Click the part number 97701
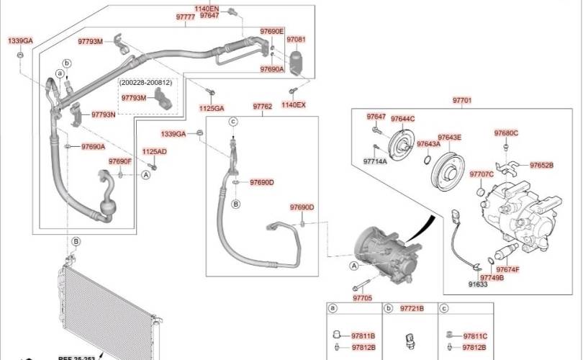pyautogui.click(x=462, y=101)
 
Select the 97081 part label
pyautogui.click(x=296, y=40)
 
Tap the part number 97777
pyautogui.click(x=185, y=16)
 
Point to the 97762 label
pyautogui.click(x=262, y=107)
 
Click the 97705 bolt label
pyautogui.click(x=363, y=298)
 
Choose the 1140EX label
pyautogui.click(x=293, y=105)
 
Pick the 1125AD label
pyautogui.click(x=154, y=152)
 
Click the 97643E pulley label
pyautogui.click(x=450, y=137)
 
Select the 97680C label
pyautogui.click(x=506, y=133)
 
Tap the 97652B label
pyautogui.click(x=541, y=165)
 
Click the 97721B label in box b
pyautogui.click(x=412, y=308)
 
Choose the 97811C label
pyautogui.click(x=475, y=336)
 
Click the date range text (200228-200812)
pyautogui.click(x=147, y=84)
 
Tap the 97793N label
pyautogui.click(x=103, y=114)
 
